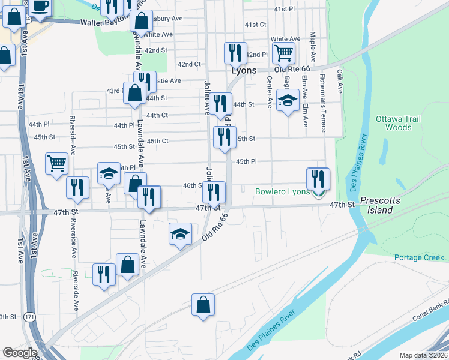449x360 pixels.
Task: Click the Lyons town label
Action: [x=244, y=70]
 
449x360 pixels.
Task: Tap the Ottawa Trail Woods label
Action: [x=393, y=123]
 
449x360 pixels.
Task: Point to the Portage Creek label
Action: [x=419, y=257]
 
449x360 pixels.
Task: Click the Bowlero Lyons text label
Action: [x=282, y=192]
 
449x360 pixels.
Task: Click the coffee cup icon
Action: [x=41, y=6]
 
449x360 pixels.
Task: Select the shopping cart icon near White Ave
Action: [x=283, y=53]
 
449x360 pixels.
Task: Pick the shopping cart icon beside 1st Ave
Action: [x=56, y=163]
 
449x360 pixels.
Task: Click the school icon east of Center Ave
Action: [x=288, y=100]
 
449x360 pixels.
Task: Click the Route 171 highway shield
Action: [x=28, y=316]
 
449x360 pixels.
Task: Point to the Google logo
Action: [x=20, y=353]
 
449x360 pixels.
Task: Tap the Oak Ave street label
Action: [x=340, y=81]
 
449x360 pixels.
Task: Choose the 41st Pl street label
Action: [x=285, y=10]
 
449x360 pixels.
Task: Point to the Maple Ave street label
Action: [x=313, y=43]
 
